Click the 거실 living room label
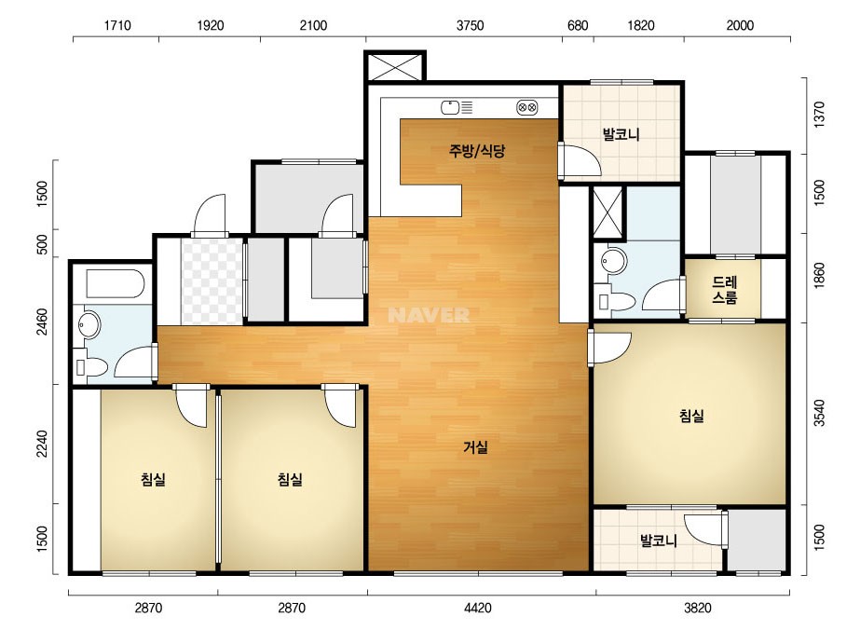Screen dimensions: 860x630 (x=475, y=447)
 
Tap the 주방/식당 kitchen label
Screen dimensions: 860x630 (x=477, y=150)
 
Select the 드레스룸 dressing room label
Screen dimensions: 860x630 (x=724, y=290)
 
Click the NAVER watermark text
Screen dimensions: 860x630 (x=429, y=315)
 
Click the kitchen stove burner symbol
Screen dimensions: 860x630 (x=527, y=107)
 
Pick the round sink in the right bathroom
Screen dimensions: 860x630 (x=613, y=261)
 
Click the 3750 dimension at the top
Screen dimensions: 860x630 (x=470, y=25)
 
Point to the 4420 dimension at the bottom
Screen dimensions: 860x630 (x=477, y=608)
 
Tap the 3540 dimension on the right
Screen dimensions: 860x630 (x=819, y=413)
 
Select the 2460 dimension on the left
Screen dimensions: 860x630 (x=42, y=322)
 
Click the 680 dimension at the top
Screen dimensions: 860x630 (x=578, y=25)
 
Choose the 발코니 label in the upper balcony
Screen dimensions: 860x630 (x=621, y=134)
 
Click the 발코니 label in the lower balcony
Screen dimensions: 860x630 (x=658, y=541)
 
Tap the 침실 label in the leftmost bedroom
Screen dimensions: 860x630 (x=153, y=480)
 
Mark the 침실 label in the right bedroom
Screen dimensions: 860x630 (x=691, y=416)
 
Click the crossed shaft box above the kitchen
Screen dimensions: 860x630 (x=395, y=67)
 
